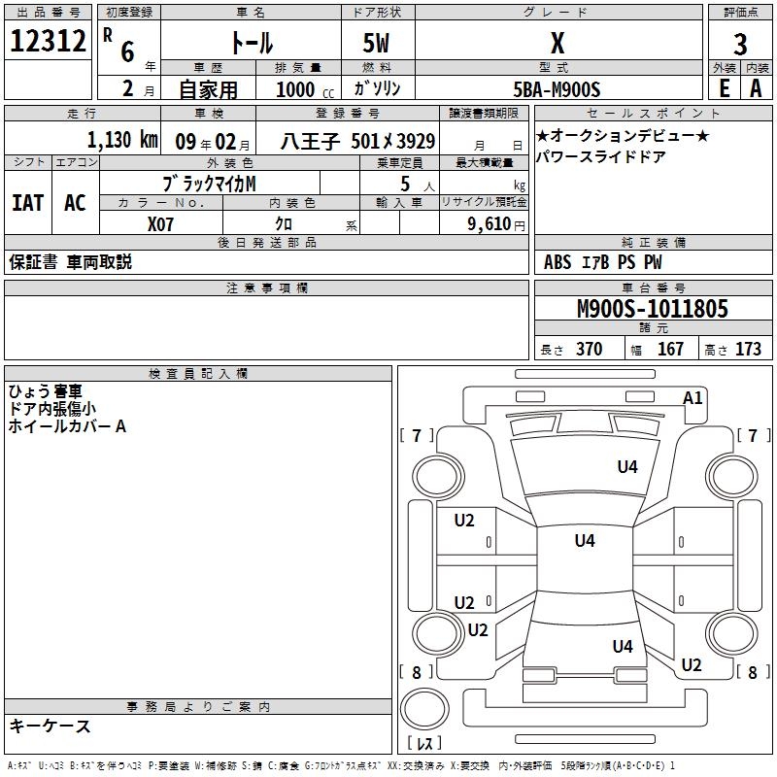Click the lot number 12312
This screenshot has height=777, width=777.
click(48, 42)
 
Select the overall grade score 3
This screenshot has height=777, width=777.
click(740, 44)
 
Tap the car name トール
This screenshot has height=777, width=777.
click(251, 44)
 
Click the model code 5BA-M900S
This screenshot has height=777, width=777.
click(557, 89)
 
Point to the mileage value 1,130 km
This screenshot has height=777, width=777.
click(121, 140)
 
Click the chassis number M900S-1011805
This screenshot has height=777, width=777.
click(652, 309)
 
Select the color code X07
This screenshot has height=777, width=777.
click(160, 223)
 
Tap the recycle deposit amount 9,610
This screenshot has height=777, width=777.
click(489, 223)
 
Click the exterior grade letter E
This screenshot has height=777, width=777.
click(724, 88)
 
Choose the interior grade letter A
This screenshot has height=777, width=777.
click(756, 88)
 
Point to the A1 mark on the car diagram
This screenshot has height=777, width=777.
click(693, 397)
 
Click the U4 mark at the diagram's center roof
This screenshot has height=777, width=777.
click(584, 541)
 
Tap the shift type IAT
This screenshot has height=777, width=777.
click(27, 203)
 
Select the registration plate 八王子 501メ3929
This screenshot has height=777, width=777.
click(357, 140)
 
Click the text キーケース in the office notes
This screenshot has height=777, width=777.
click(50, 726)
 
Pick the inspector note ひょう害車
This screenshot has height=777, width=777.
click(46, 391)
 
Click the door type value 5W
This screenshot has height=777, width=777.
click(378, 44)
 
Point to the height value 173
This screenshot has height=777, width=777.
click(748, 350)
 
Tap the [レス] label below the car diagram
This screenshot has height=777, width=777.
click(424, 743)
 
